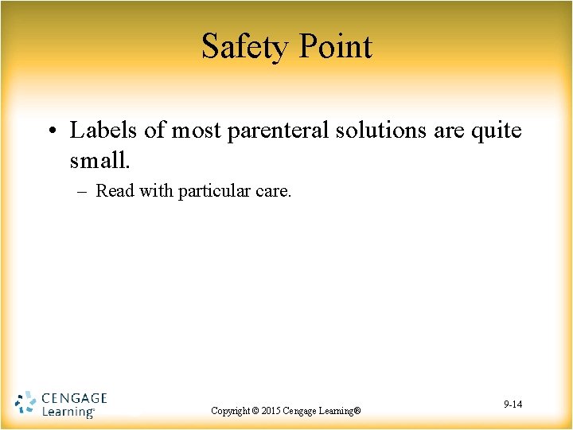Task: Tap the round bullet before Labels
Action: point(53,131)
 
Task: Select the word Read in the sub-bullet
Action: point(115,191)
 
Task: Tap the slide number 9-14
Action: point(513,405)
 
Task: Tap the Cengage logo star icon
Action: point(25,403)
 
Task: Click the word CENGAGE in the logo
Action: point(73,397)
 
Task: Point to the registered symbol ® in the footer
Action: point(358,411)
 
